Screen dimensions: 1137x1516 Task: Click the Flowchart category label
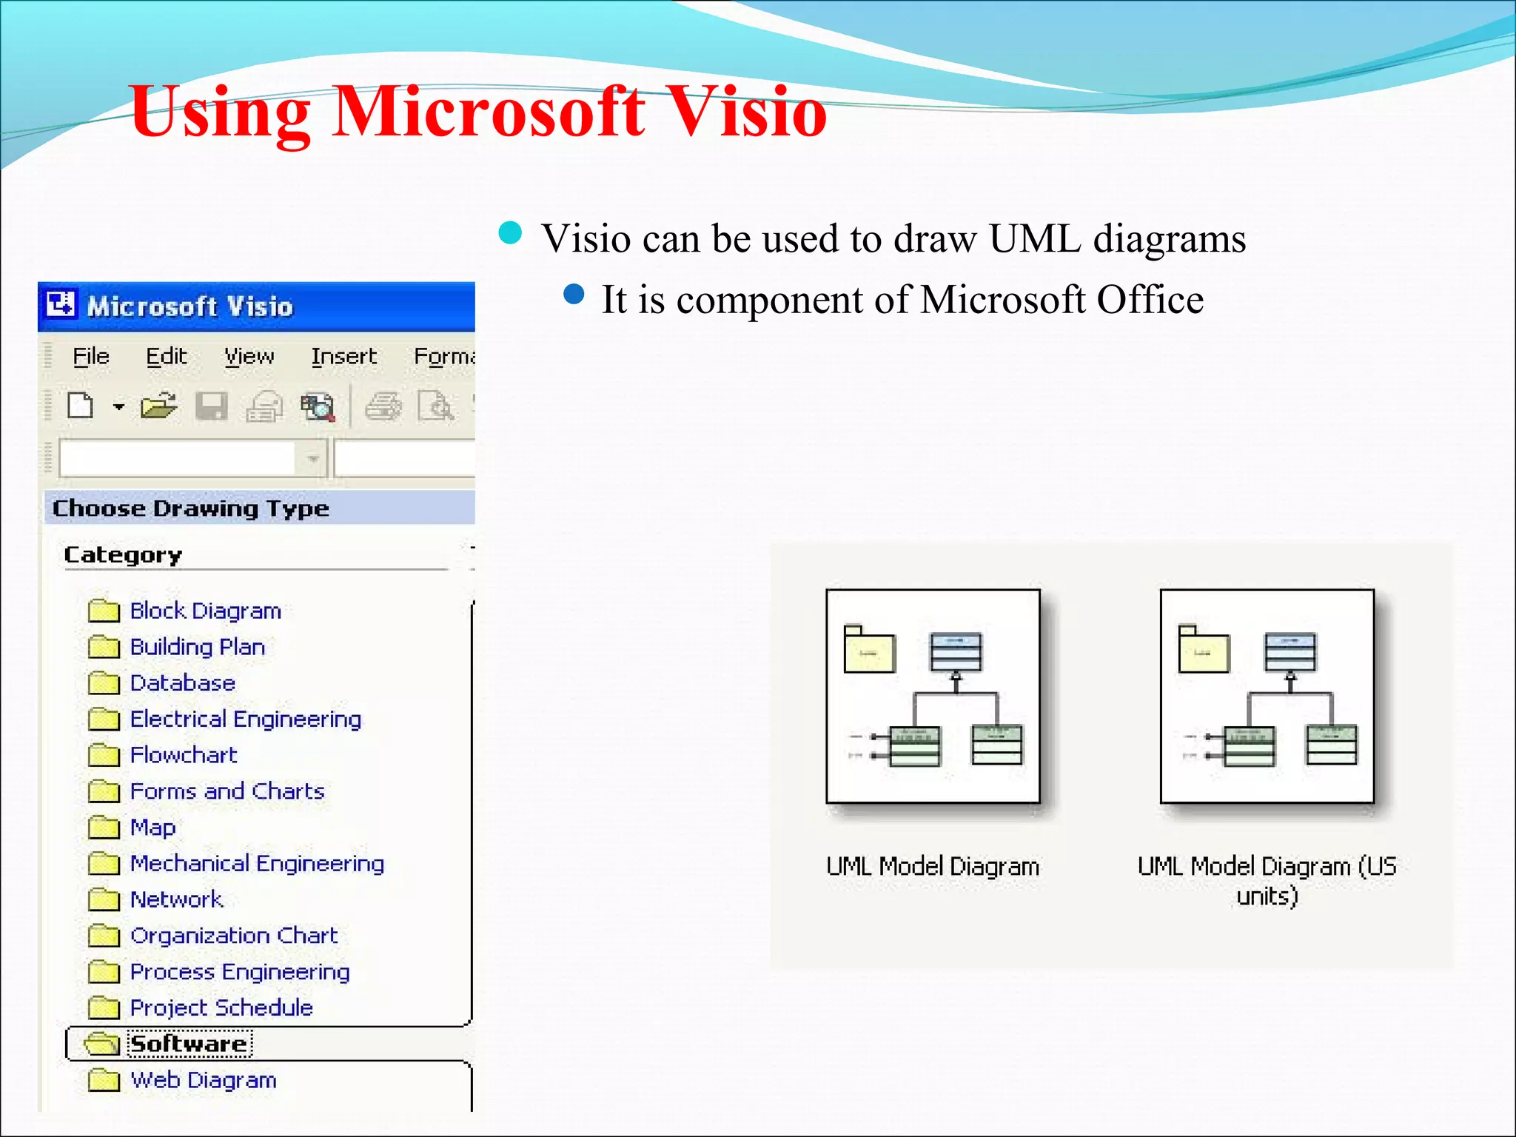click(184, 755)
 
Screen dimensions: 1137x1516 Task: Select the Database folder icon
click(103, 682)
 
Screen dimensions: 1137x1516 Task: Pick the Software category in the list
click(188, 1044)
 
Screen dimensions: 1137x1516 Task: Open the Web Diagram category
click(203, 1080)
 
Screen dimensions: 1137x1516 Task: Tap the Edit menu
click(166, 357)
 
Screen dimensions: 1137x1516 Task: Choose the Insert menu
click(343, 357)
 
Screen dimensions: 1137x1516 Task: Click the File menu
click(91, 357)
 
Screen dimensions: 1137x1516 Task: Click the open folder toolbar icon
click(158, 406)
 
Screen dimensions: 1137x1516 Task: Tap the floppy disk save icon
click(211, 406)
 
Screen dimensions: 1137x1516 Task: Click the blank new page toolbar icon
click(80, 406)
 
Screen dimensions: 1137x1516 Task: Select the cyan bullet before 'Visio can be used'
click(510, 233)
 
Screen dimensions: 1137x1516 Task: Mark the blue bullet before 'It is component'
click(574, 295)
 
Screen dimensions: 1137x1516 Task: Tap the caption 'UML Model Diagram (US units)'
click(1267, 880)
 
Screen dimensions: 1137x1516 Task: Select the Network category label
click(176, 899)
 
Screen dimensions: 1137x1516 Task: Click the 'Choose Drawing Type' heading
click(191, 509)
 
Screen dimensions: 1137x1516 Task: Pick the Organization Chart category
click(234, 936)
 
